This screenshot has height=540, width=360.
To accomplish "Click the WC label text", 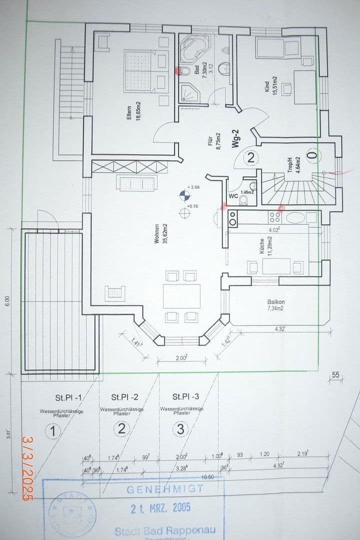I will click(232, 196).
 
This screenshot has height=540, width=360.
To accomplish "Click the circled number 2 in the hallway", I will click(250, 159).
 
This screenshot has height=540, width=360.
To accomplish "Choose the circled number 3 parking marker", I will click(180, 429).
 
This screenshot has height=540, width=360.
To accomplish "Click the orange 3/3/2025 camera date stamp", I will click(27, 467).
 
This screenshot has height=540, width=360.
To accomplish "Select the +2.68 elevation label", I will click(193, 187).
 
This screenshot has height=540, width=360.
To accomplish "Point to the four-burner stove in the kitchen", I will click(275, 217).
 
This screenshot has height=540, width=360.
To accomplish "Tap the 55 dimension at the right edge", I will click(335, 375).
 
